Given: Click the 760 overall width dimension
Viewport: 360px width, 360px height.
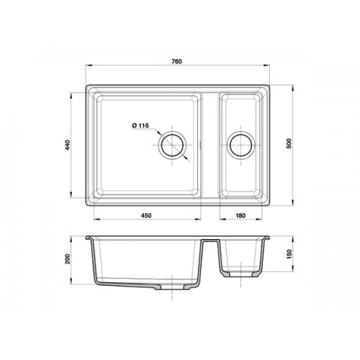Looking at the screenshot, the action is click(176, 61).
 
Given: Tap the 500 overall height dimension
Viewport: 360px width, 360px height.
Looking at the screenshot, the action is click(289, 143).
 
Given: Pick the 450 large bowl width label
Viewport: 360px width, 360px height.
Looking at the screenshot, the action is click(146, 215).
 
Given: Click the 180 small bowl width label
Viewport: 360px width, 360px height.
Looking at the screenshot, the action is click(240, 215).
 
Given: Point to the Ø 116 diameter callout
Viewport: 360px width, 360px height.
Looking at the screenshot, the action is click(140, 125).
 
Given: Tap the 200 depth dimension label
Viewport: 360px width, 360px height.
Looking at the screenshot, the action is click(68, 258).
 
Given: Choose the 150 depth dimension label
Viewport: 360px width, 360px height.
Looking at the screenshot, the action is click(289, 254).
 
